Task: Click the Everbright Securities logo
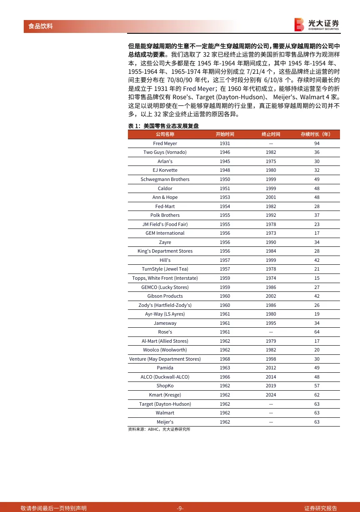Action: [x=316, y=25]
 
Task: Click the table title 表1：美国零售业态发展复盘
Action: [x=163, y=125]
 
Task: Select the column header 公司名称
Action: [x=165, y=134]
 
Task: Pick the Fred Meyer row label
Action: [x=165, y=143]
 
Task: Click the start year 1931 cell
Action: [x=225, y=143]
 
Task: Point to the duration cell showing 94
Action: [x=317, y=143]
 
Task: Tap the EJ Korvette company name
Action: [x=165, y=170]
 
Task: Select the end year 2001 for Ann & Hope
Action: [x=271, y=197]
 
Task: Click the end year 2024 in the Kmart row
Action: [x=271, y=395]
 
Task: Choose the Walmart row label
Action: [x=165, y=413]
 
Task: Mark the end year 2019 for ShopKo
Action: [x=271, y=386]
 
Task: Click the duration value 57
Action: [x=317, y=386]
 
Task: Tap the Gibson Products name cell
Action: [x=165, y=296]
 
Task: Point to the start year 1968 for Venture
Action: [x=225, y=359]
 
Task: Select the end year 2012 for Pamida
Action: [x=271, y=368]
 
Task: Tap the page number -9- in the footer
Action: [x=180, y=508]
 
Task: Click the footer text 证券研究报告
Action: [x=320, y=508]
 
